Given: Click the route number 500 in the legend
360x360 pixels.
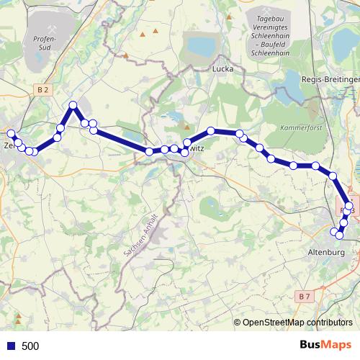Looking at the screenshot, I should point(30,346).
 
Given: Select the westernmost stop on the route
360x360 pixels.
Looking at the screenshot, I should point(11,134).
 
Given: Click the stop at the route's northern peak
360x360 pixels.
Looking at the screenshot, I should point(73,106).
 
